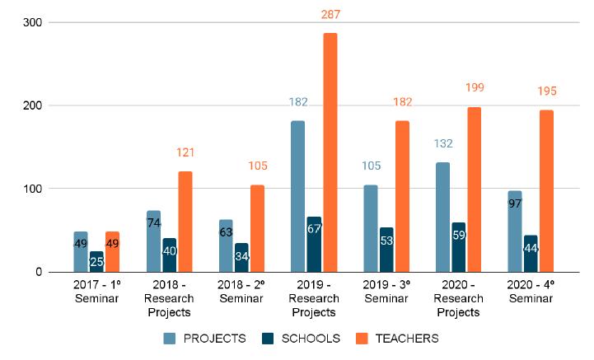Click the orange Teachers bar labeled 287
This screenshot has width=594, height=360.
(330, 152)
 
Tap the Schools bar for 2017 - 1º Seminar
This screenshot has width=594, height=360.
(96, 261)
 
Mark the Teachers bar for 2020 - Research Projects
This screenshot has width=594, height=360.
(474, 189)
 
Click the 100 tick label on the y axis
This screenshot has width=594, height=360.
(31, 189)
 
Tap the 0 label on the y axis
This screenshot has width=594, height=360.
(38, 272)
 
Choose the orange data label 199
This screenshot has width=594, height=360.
(475, 88)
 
